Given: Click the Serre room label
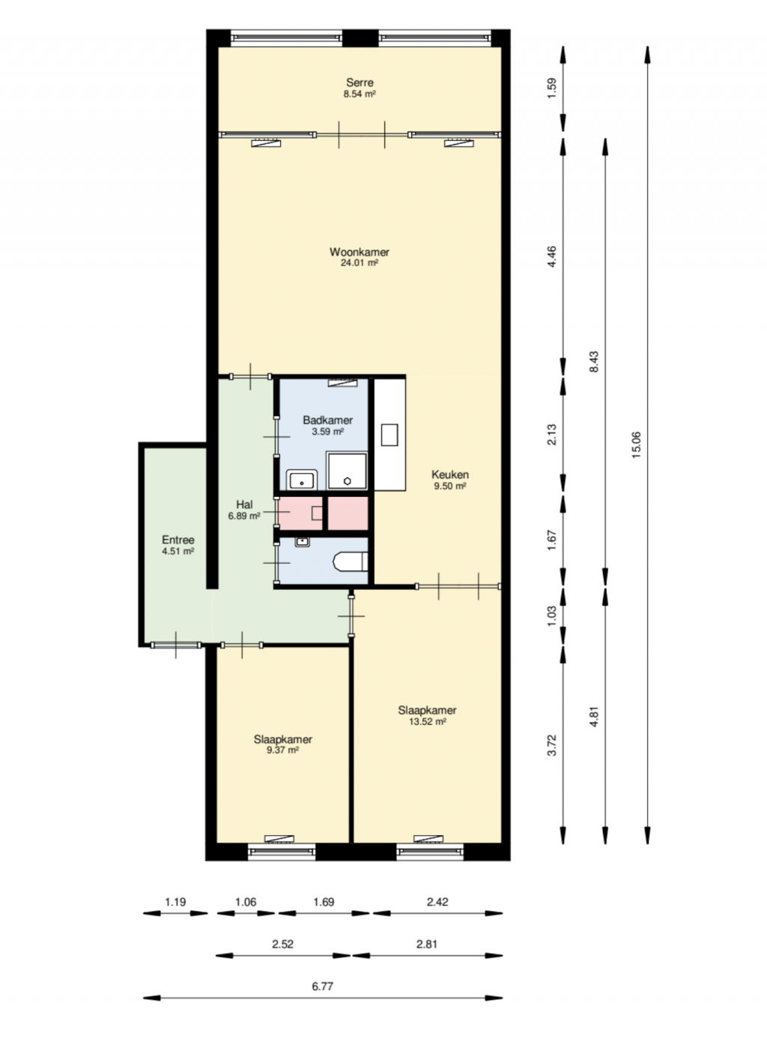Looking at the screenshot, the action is (x=360, y=82).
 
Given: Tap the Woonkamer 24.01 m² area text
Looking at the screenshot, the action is (x=360, y=263).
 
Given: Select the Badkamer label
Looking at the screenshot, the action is (x=328, y=420).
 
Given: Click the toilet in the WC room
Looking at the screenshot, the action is (x=351, y=562).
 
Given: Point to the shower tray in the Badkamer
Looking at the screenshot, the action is (x=348, y=470).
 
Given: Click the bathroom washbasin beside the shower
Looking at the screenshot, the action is (x=302, y=480).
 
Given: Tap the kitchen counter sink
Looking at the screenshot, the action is (x=389, y=435).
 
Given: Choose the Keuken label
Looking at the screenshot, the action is (x=450, y=475).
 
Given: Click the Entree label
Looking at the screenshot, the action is (x=178, y=540).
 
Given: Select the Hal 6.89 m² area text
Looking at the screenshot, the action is (x=244, y=516).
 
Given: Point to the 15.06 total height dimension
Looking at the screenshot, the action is (x=636, y=445).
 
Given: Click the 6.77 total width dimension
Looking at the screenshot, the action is (x=323, y=987).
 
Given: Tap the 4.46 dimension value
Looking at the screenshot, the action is (x=552, y=257).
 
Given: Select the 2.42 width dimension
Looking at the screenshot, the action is (x=437, y=902).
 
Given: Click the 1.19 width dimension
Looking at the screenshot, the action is (x=175, y=902).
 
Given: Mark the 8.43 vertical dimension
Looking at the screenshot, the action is (x=594, y=361).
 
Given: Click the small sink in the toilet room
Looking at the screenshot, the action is (x=302, y=542).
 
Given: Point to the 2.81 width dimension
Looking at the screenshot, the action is (x=427, y=945).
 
